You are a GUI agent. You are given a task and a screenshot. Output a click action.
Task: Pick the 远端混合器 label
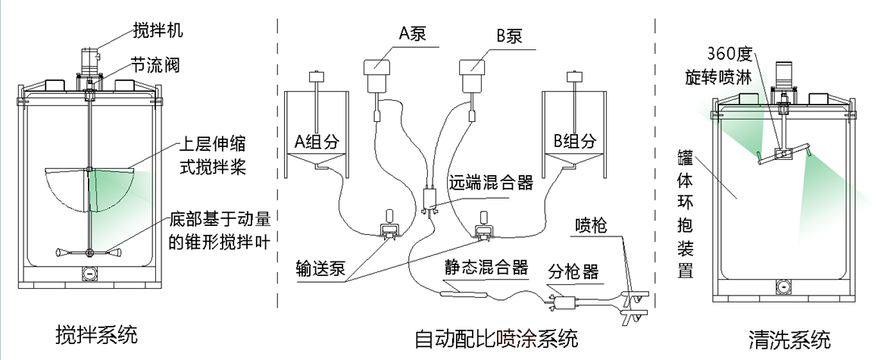pos(491,183)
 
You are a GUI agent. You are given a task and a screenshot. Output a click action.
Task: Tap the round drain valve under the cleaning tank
pos(783,286)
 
